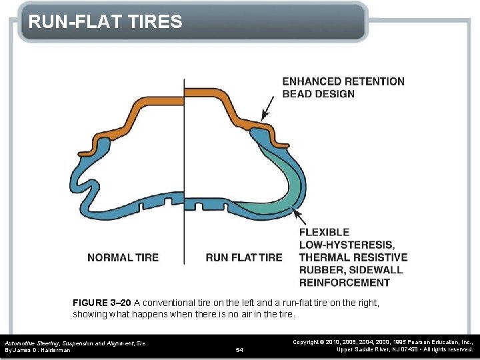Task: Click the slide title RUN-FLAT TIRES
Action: (105, 22)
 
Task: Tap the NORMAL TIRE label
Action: (123, 257)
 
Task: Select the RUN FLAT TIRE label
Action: (243, 257)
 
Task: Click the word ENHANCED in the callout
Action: (311, 81)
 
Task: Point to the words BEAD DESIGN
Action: (319, 94)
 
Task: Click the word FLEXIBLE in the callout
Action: (324, 232)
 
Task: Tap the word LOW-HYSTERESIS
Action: (346, 245)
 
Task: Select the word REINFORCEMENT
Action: (344, 282)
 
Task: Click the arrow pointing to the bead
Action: (267, 108)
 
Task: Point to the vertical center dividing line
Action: (184, 167)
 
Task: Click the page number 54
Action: (240, 349)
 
